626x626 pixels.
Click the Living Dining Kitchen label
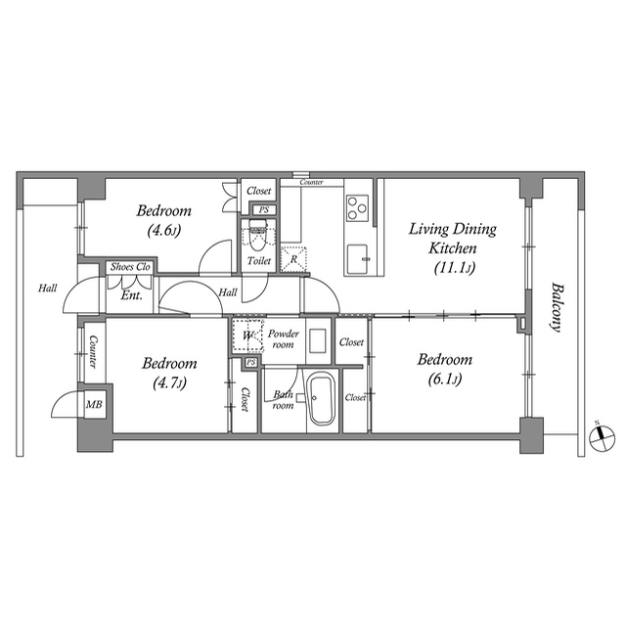point(452,248)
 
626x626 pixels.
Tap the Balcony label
point(556,308)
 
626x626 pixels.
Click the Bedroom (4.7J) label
point(170,373)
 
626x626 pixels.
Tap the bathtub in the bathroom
point(321,401)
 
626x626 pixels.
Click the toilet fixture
point(258,239)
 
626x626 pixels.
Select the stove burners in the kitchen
point(356,206)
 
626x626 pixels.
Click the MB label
point(95,404)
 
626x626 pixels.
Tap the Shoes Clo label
point(130,267)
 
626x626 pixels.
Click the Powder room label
point(284,338)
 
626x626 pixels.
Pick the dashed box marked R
point(293,259)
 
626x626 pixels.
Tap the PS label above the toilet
point(261,209)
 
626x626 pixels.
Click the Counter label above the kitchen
point(312,183)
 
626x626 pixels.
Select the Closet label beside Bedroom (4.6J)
point(259,191)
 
